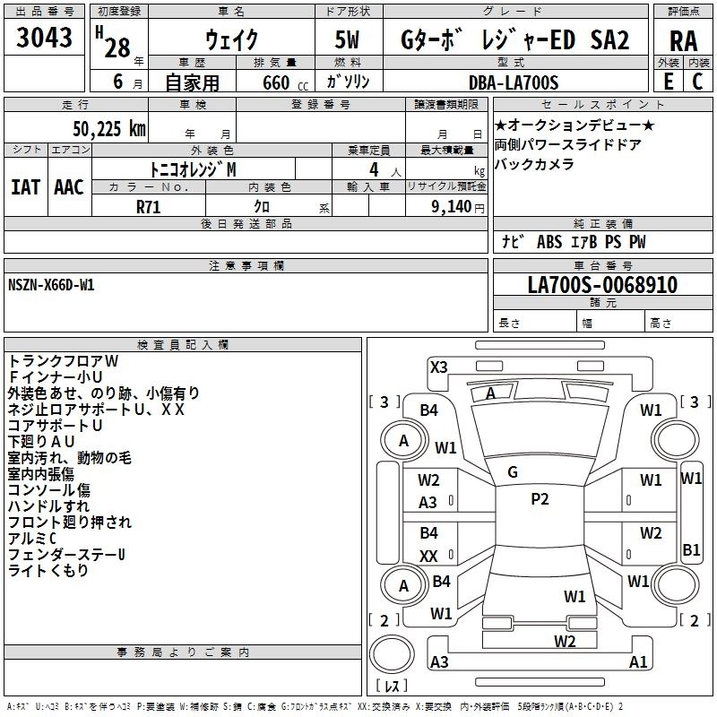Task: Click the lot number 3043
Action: pos(45,39)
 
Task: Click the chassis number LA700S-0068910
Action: pos(602,286)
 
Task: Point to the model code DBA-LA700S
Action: pos(514,82)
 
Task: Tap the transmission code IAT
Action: pos(25,186)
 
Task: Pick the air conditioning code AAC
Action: pos(69,186)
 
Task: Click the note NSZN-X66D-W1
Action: pos(51,284)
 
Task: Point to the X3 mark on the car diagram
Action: pos(438,367)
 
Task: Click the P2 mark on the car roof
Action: pos(540,499)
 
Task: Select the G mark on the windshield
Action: pos(512,472)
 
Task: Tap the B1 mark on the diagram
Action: pos(691,550)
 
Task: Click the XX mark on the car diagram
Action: pos(429,557)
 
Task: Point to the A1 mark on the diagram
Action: pos(638,662)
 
